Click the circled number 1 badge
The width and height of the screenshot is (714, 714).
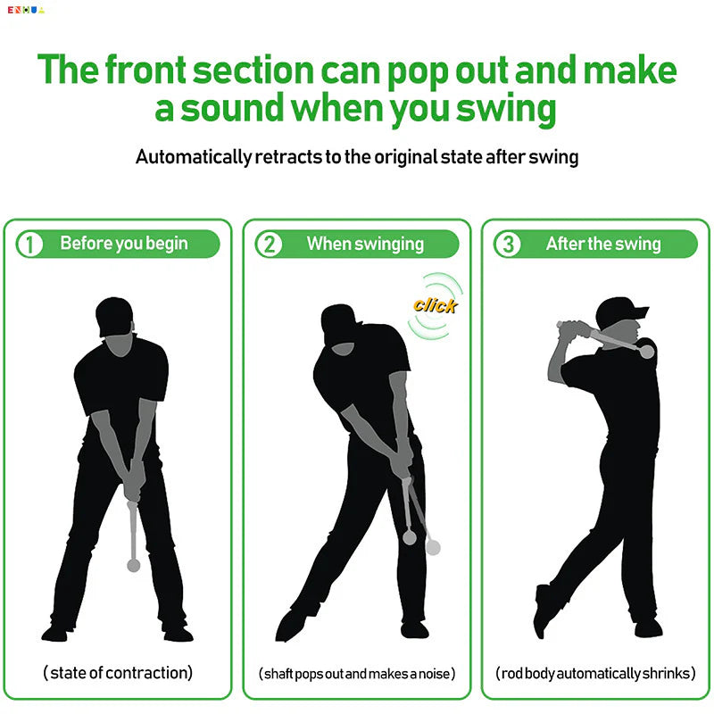tap(29, 244)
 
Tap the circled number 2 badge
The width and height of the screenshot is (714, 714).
tap(269, 244)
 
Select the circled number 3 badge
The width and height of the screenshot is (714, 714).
tap(507, 244)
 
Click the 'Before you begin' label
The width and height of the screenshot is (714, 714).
tap(124, 244)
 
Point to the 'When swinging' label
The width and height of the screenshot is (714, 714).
tap(365, 244)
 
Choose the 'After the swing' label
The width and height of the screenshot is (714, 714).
tap(603, 244)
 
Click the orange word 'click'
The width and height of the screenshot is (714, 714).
tap(435, 305)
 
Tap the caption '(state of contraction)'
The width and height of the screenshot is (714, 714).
tap(118, 673)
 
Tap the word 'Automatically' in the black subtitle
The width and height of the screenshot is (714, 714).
tap(192, 157)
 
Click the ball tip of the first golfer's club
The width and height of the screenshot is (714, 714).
tap(134, 564)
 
